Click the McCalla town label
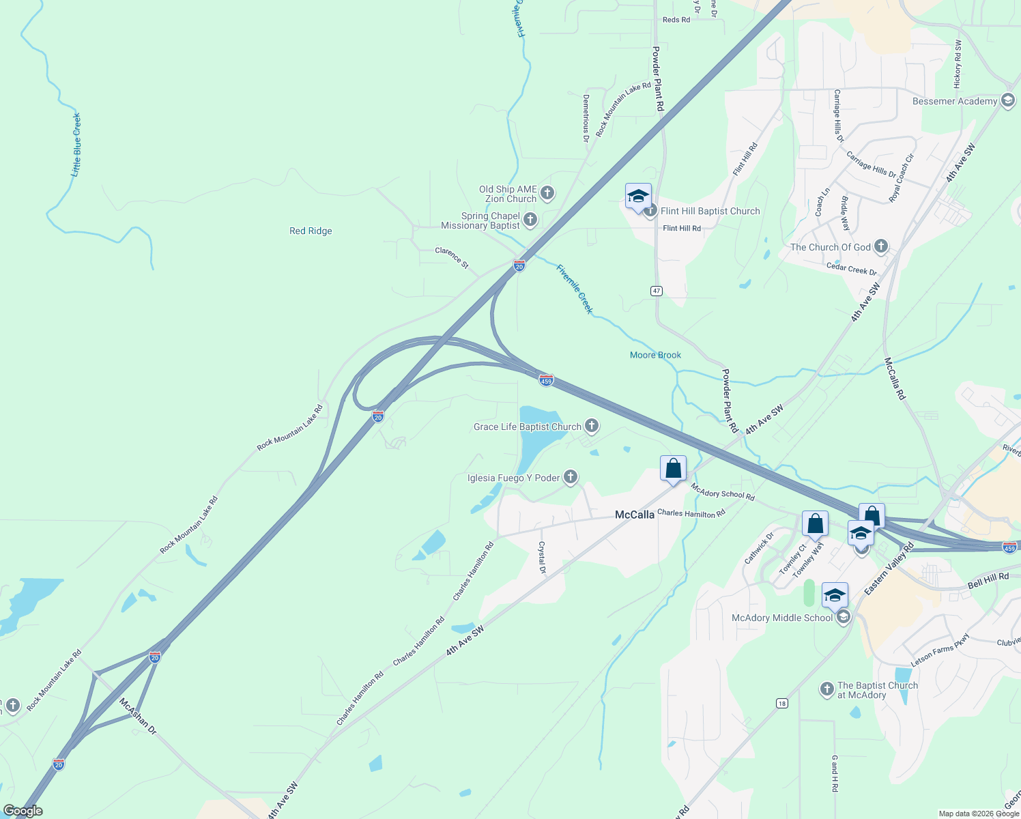634,515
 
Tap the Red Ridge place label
311,231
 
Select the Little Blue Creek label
76,145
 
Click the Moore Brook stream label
655,355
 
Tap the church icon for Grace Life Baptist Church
592,427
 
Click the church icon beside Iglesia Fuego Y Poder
571,477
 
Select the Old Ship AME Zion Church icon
547,194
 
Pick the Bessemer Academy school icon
1008,101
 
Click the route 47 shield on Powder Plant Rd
657,291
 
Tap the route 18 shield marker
781,703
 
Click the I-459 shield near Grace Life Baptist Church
546,380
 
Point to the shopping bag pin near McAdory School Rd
673,469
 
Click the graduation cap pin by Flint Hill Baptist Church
638,197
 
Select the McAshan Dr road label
138,716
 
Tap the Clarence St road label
452,257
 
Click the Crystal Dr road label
542,558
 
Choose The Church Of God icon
881,246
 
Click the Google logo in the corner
23,811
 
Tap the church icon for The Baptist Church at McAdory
826,689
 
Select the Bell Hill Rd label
988,581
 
